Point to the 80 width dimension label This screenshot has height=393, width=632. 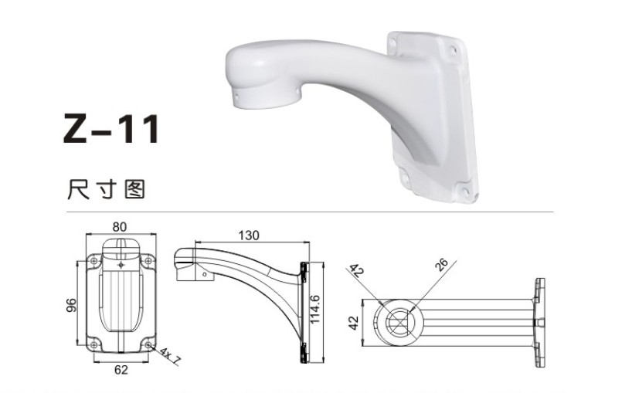coord(119,227)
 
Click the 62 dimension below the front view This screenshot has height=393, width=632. coord(121,370)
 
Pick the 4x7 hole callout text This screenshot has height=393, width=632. coord(169,355)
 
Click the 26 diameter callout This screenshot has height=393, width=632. coord(441,265)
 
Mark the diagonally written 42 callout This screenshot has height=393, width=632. coord(356,273)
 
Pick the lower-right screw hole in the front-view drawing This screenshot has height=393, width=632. coord(148,345)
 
